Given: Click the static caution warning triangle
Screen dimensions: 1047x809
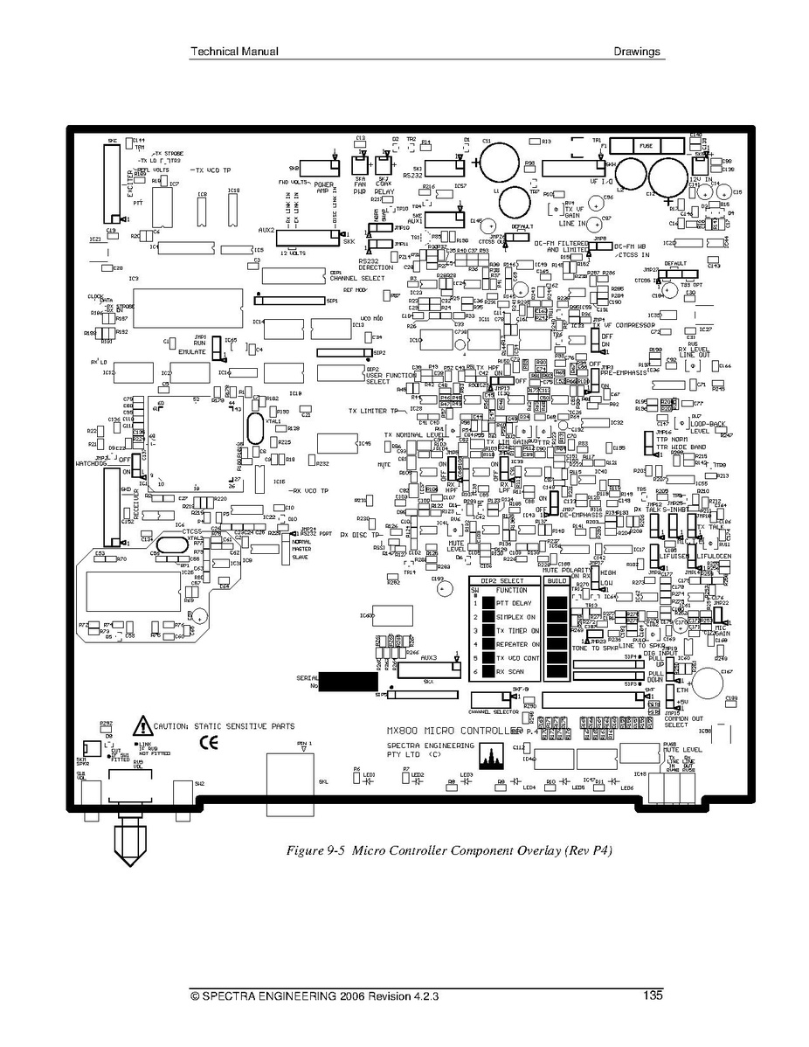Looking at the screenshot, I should [x=141, y=725].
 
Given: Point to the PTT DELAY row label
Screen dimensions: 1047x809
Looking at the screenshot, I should [x=513, y=603].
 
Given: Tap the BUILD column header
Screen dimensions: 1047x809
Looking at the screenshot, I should [x=557, y=580].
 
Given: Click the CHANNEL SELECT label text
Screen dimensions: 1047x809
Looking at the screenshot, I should [x=356, y=278].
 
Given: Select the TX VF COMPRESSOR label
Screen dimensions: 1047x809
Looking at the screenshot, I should [x=625, y=325].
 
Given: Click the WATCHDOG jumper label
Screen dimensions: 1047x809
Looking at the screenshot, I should [x=91, y=463].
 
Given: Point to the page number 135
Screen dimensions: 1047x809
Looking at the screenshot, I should [x=651, y=995].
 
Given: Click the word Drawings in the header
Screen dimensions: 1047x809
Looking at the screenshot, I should [x=637, y=52].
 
